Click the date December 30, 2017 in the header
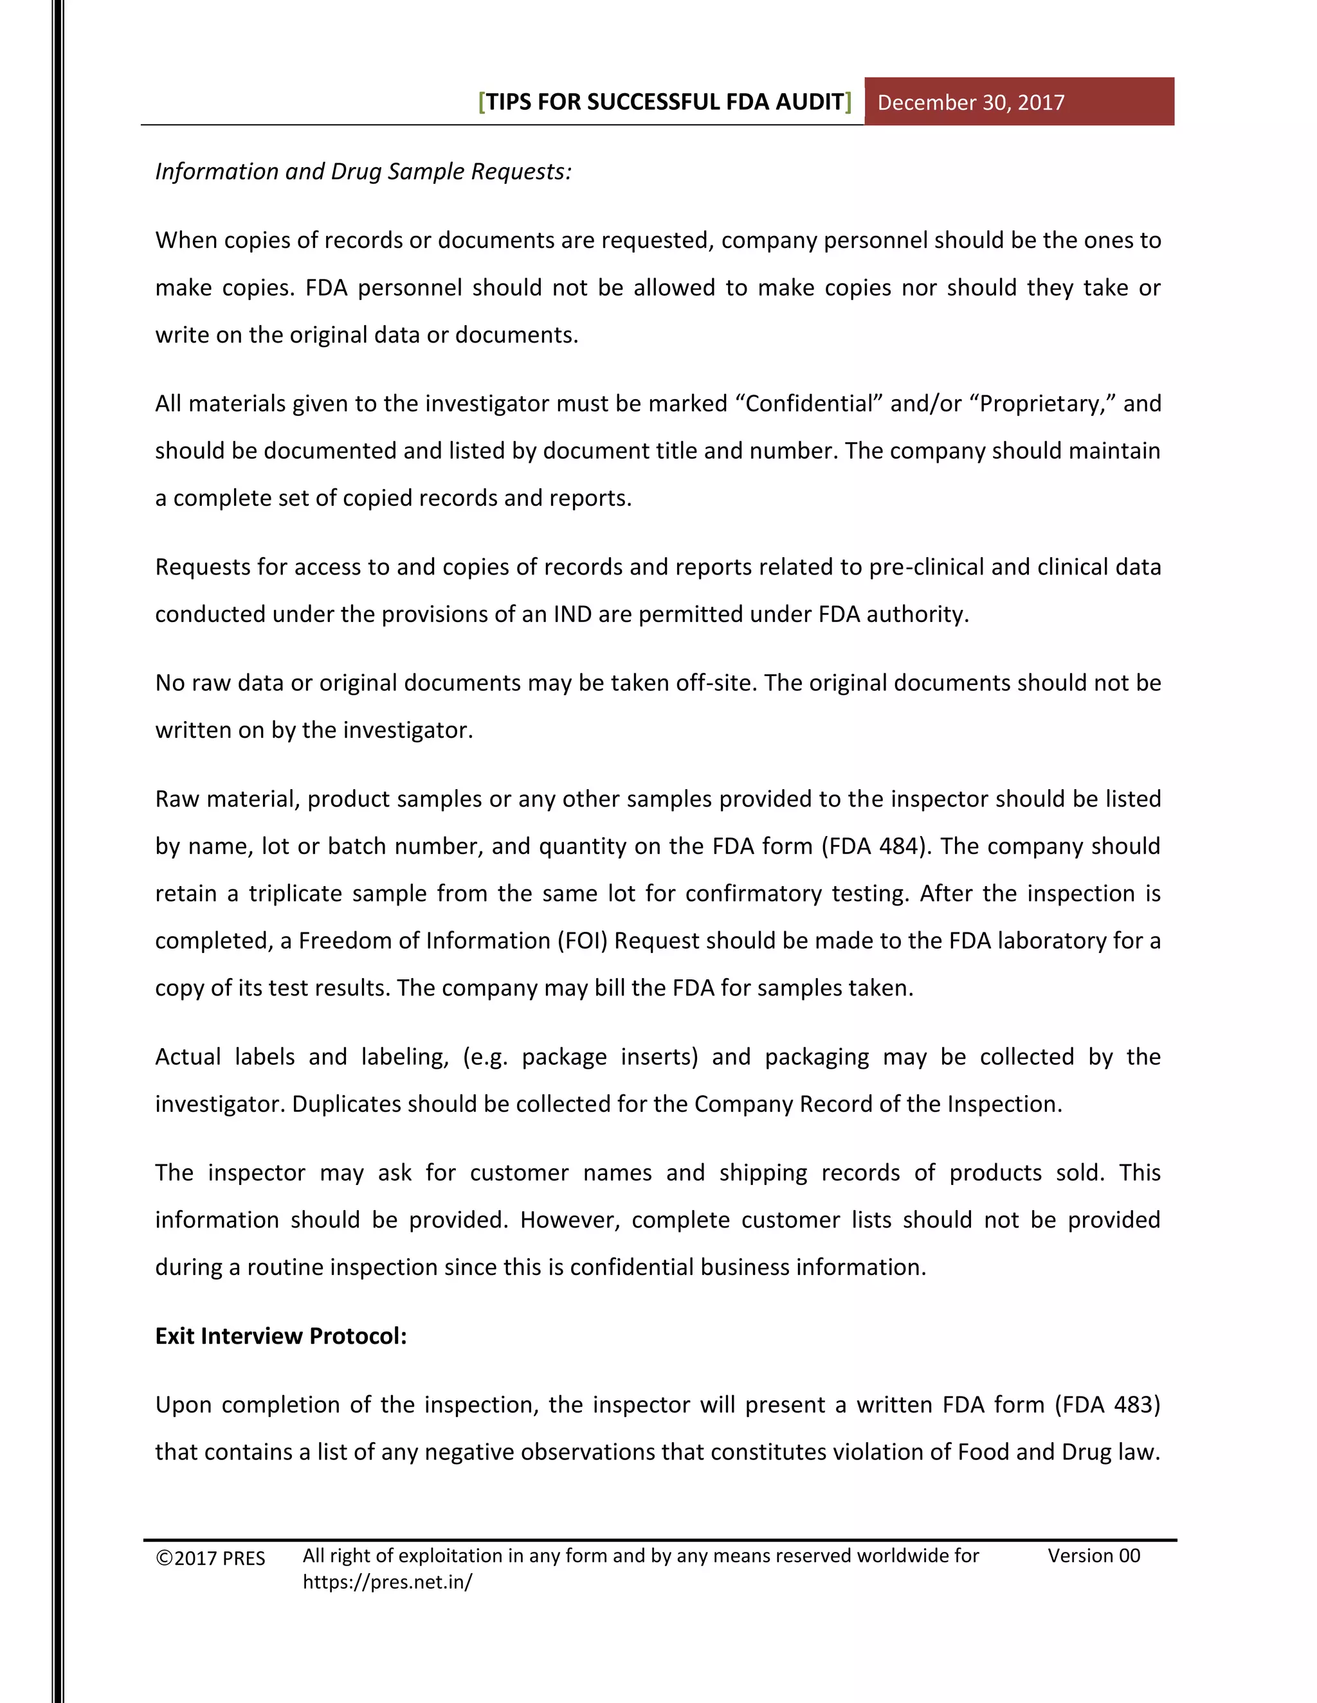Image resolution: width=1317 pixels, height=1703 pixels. [x=970, y=103]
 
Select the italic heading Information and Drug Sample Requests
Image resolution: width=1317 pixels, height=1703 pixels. [x=363, y=172]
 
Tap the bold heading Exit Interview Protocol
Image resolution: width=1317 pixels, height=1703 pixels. [x=281, y=1336]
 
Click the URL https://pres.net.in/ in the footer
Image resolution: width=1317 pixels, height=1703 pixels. [x=387, y=1582]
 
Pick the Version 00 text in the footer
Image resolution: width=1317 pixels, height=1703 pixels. [x=1093, y=1556]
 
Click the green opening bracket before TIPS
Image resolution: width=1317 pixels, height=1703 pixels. [x=482, y=102]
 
